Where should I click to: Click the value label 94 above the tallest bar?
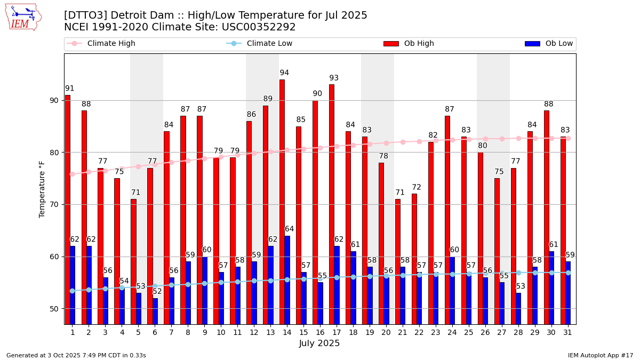(284, 73)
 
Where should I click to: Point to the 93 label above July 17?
(334, 78)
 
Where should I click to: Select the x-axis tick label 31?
(568, 333)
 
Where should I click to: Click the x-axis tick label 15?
(303, 333)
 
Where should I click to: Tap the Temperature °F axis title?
(42, 189)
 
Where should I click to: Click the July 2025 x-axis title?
(319, 343)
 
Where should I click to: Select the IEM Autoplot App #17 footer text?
(600, 355)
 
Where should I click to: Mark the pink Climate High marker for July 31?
(568, 138)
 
